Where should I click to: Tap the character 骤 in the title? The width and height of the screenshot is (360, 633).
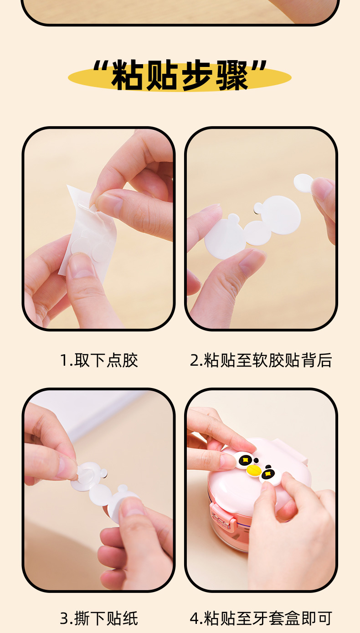pyautogui.click(x=232, y=75)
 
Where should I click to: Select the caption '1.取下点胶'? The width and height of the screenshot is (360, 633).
pyautogui.click(x=99, y=360)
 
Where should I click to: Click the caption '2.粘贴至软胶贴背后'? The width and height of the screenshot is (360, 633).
pyautogui.click(x=261, y=360)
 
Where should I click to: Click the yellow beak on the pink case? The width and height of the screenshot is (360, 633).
pyautogui.click(x=253, y=470)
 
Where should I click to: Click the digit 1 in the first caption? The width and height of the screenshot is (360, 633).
pyautogui.click(x=64, y=361)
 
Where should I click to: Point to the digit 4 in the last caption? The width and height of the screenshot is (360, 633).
pyautogui.click(x=195, y=618)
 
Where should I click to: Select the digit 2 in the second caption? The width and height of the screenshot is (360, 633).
pyautogui.click(x=195, y=361)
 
